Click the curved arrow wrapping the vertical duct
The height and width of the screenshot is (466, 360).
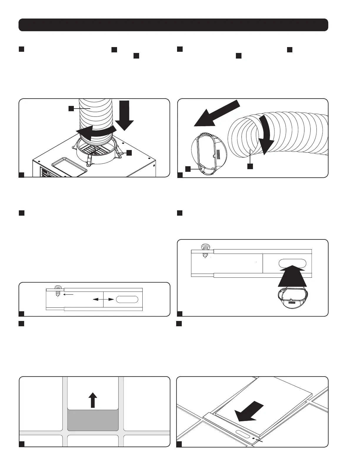(94, 132)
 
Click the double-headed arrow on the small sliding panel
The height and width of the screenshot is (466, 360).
(103, 299)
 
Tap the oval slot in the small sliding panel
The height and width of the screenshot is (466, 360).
(127, 299)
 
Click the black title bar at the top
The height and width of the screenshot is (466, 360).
(173, 25)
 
